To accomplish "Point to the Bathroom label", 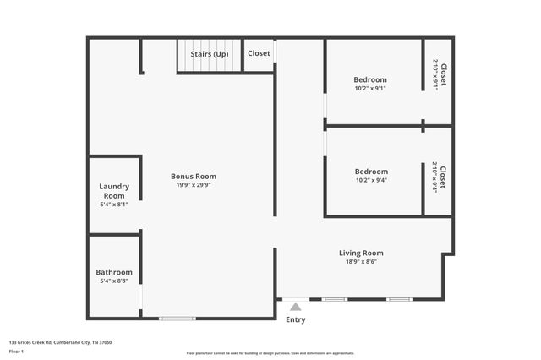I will (x=114, y=272).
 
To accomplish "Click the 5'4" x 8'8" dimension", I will (x=114, y=281).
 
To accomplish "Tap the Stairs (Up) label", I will (x=209, y=53).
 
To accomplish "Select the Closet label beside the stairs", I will (x=259, y=53).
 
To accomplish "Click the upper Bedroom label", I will (x=370, y=79).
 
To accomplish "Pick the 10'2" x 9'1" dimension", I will (x=370, y=88).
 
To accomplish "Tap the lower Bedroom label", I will (x=371, y=172).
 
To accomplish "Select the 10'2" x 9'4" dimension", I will (x=371, y=180).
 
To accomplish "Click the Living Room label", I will (x=361, y=253).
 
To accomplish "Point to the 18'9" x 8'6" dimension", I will (x=361, y=261).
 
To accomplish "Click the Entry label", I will (x=295, y=319).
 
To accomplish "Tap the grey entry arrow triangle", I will (x=295, y=307).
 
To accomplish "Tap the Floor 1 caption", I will (x=17, y=350).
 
